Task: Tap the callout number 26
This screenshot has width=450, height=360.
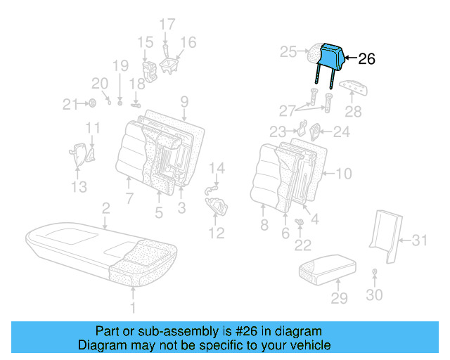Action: pyautogui.click(x=366, y=59)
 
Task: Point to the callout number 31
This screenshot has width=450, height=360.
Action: pyautogui.click(x=419, y=240)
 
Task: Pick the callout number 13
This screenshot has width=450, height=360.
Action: pyautogui.click(x=79, y=186)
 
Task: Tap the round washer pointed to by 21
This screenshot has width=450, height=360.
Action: pyautogui.click(x=92, y=105)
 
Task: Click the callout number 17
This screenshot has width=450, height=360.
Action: pyautogui.click(x=167, y=25)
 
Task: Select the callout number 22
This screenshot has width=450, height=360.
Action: pyautogui.click(x=303, y=245)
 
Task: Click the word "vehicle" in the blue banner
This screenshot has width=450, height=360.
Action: pyautogui.click(x=309, y=345)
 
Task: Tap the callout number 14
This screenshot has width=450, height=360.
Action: pyautogui.click(x=219, y=167)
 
